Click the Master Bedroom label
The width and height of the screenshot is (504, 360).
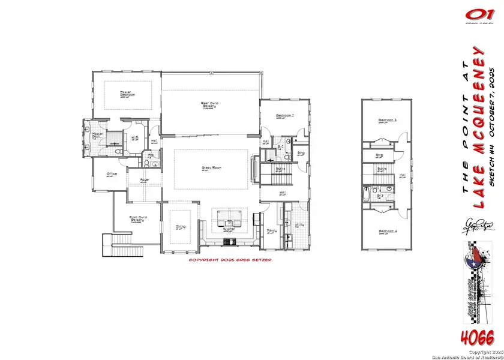[127, 94]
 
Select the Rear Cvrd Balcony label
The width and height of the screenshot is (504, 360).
[209, 106]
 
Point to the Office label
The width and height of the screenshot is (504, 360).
[111, 174]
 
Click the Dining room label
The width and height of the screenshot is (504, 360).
[180, 227]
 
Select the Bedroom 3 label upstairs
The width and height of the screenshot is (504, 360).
[387, 121]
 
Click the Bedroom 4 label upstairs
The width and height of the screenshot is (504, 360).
[387, 232]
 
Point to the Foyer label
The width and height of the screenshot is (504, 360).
[145, 179]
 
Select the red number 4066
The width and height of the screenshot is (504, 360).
[477, 335]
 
